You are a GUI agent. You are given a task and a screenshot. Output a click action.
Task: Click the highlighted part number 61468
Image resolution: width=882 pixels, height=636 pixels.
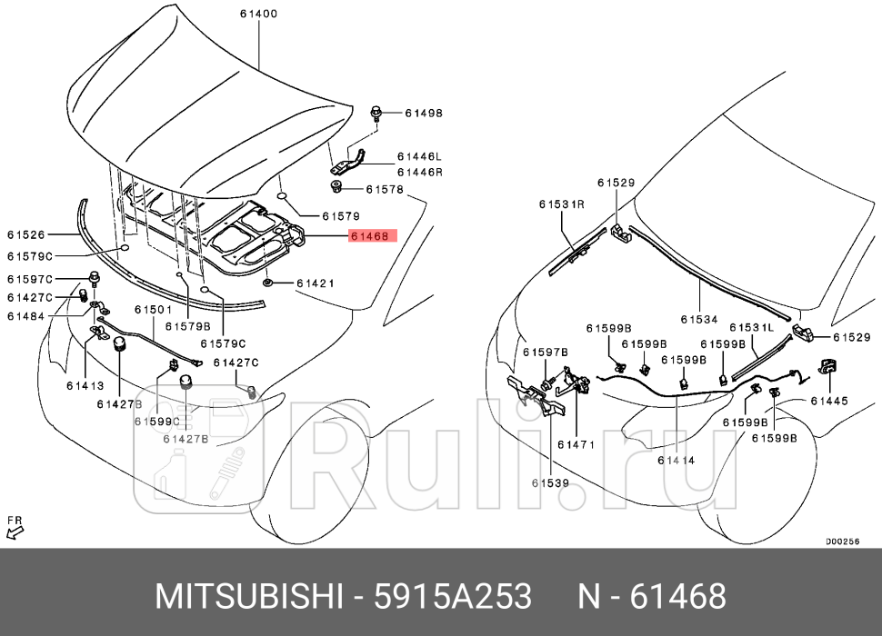368,236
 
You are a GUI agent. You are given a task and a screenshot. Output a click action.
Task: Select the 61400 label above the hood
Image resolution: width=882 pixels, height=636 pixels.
259,15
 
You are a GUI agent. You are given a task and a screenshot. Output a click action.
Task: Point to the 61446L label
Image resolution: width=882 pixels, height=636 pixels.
418,156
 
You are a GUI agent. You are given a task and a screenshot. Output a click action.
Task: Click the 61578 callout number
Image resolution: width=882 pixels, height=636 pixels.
384,190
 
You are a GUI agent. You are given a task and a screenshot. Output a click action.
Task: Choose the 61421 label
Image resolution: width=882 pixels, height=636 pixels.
316,283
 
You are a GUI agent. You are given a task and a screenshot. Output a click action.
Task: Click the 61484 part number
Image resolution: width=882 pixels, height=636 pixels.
25,315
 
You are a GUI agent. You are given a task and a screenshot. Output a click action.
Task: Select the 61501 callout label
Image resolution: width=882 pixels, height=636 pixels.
154,311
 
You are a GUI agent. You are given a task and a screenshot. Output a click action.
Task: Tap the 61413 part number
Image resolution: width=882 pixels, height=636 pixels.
85,385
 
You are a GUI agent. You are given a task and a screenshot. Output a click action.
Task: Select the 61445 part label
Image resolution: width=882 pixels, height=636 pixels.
828,400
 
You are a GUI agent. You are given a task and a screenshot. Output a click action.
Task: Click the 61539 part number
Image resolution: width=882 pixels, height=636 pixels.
550,483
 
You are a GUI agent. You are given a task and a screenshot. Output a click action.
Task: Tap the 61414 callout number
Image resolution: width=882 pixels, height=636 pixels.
676,461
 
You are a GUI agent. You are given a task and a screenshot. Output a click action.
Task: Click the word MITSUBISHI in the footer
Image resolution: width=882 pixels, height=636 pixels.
251,597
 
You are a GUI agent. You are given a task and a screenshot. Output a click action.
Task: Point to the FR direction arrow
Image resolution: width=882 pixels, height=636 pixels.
15,526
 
